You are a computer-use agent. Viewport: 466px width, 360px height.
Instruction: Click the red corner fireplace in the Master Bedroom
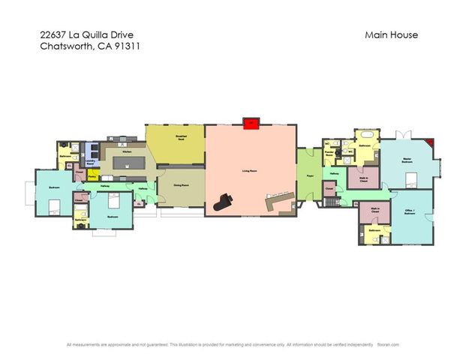(x=429, y=142)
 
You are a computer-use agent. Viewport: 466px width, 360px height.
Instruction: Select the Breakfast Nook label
(x=181, y=136)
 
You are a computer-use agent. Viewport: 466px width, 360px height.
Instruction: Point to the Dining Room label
(x=181, y=184)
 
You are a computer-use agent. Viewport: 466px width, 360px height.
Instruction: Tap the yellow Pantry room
(x=92, y=176)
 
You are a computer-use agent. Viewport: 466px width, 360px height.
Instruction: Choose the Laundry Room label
(x=90, y=161)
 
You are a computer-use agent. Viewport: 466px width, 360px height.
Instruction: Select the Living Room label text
(x=251, y=171)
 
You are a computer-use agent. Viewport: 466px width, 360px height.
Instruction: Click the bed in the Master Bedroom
(x=411, y=178)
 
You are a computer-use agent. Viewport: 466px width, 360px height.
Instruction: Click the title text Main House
(x=391, y=34)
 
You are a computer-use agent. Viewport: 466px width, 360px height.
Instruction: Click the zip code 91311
(x=128, y=46)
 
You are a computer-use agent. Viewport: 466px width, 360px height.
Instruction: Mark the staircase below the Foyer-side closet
(x=330, y=202)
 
